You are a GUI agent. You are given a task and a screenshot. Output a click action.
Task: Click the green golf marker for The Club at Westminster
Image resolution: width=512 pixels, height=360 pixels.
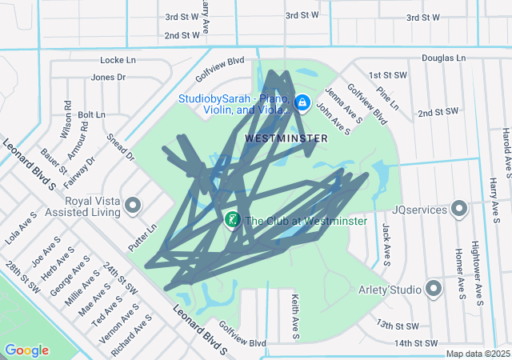(x=232, y=219)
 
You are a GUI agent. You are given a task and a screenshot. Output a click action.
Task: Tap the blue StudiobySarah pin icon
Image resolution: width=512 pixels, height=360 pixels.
(x=302, y=102)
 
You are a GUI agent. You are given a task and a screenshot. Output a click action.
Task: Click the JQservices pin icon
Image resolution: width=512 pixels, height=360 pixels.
(x=459, y=209)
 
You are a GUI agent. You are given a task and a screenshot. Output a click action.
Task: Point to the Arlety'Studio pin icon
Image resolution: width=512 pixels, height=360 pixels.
(x=434, y=288)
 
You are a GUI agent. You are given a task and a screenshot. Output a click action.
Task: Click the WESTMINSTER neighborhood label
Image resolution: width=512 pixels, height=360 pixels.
(x=286, y=138)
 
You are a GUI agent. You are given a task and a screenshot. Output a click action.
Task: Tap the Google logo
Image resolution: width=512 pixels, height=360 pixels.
(x=26, y=350)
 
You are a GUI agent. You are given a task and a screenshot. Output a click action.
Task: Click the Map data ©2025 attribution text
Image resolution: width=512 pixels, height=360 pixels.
(x=477, y=354)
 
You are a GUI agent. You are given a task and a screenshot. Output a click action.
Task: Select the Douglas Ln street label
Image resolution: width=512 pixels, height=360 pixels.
(x=443, y=58)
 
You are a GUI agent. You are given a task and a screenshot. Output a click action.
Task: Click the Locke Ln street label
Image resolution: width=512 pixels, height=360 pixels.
(x=119, y=60)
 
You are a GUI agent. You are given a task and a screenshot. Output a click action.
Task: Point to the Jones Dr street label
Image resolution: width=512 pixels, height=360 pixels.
(x=109, y=78)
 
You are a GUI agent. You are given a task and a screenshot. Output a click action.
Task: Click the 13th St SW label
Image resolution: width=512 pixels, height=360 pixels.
(x=398, y=326)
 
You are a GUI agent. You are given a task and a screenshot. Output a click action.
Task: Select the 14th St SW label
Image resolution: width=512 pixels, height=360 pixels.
(x=418, y=343)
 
